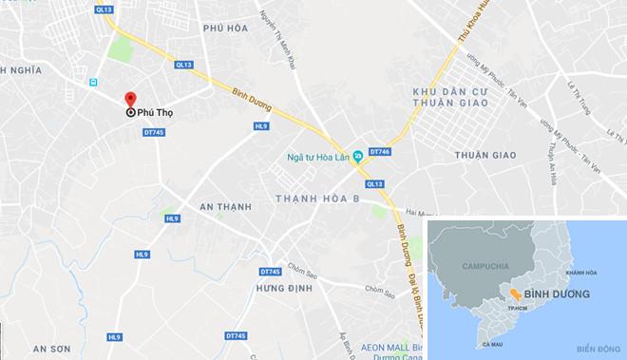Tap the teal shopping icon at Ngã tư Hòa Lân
pyautogui.click(x=356, y=156)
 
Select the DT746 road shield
pyautogui.click(x=379, y=151)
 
